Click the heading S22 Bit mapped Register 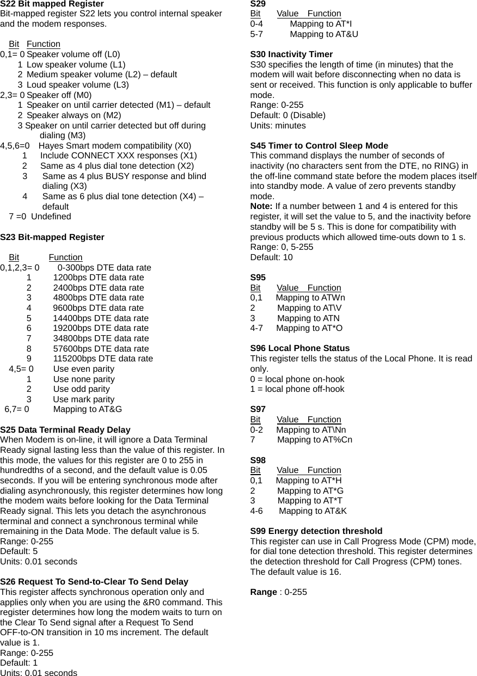click(x=52, y=4)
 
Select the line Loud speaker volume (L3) click(x=77, y=85)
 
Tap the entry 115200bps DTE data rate click(x=103, y=359)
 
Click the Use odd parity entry click(x=81, y=389)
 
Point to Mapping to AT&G click(x=87, y=409)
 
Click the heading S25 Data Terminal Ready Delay click(x=65, y=430)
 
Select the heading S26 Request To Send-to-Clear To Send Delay click(x=94, y=582)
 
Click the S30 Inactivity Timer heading click(x=291, y=54)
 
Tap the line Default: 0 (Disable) click(x=288, y=115)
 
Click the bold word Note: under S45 click(x=261, y=206)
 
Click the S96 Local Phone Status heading click(x=300, y=348)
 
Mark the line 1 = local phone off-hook click(x=297, y=389)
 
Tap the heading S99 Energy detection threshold click(x=316, y=531)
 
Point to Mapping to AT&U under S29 click(x=324, y=34)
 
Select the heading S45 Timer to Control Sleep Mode click(x=319, y=146)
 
